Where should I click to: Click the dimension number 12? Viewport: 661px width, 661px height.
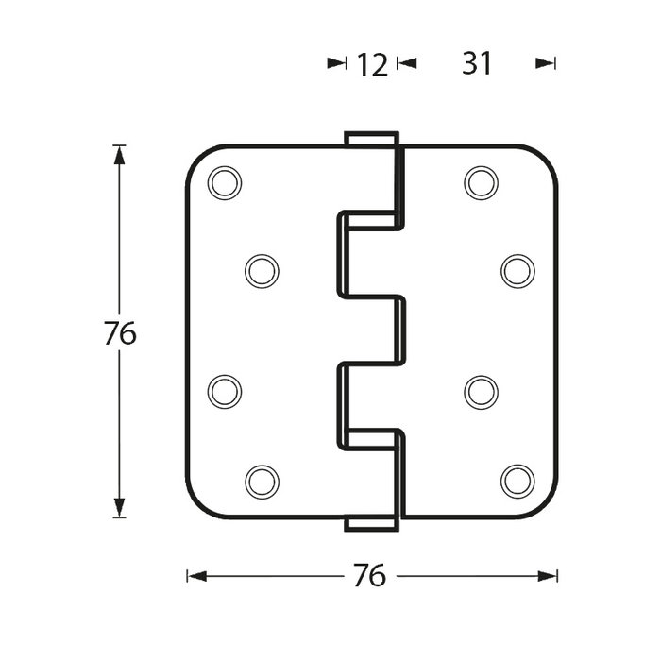(x=373, y=64)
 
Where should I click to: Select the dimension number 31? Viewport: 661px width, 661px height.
(x=477, y=63)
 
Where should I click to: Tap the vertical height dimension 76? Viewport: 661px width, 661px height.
(x=120, y=333)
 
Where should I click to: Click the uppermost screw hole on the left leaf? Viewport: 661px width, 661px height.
(x=225, y=182)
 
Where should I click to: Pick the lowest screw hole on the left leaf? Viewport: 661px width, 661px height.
(x=262, y=482)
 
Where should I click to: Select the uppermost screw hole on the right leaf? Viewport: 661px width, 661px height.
(x=481, y=182)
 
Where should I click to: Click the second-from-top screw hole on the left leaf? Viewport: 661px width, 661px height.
(x=262, y=272)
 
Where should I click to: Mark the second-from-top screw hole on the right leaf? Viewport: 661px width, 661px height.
(x=517, y=272)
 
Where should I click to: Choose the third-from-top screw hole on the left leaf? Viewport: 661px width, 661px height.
(x=225, y=391)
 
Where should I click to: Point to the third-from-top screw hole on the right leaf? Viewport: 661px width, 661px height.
(x=481, y=391)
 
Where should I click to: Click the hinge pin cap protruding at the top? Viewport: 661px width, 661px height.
(x=370, y=138)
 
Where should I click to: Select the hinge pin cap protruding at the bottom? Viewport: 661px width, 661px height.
(x=370, y=524)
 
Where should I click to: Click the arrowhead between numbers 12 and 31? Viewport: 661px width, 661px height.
(x=407, y=63)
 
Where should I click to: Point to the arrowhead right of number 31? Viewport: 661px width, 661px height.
(x=544, y=63)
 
